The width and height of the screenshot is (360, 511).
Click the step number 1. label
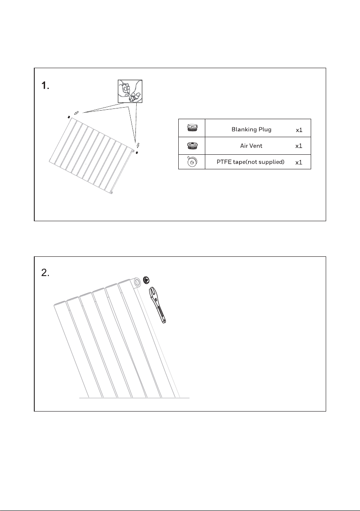(x=45, y=86)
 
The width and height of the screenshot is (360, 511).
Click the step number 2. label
(x=45, y=273)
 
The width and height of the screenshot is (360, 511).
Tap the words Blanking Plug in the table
(x=251, y=129)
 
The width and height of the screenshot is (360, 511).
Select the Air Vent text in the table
(x=251, y=146)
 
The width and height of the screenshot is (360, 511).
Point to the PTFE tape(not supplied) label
(x=251, y=162)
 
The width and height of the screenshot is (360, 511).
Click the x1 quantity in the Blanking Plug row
(x=299, y=130)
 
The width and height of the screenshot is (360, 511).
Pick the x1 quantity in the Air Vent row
(x=299, y=146)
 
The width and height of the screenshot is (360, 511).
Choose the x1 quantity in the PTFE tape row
(x=299, y=162)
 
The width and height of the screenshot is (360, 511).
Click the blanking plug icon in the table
(x=192, y=128)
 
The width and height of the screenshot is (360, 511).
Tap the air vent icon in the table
(x=192, y=145)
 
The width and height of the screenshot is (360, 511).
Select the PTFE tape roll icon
(x=192, y=162)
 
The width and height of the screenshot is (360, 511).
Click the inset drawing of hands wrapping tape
(x=130, y=91)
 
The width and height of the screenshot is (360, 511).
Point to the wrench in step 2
(x=157, y=305)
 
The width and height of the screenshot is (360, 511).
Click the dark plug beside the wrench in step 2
(x=146, y=280)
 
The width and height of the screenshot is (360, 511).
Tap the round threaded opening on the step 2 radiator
(x=137, y=282)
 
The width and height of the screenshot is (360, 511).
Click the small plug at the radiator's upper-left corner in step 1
(x=69, y=117)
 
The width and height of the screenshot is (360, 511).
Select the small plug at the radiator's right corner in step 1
(x=137, y=152)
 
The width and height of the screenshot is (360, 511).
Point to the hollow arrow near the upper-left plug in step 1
(x=76, y=113)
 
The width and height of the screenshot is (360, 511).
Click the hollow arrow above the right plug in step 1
(x=138, y=145)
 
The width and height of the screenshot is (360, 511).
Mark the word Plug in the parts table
(x=264, y=130)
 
